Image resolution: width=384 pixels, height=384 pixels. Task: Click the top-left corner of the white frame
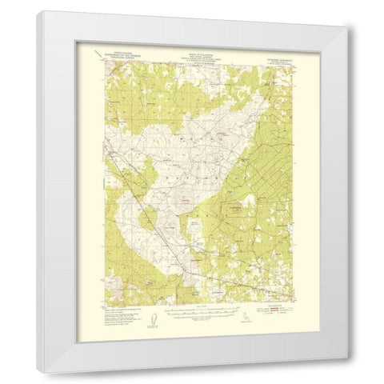tap(38, 11)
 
